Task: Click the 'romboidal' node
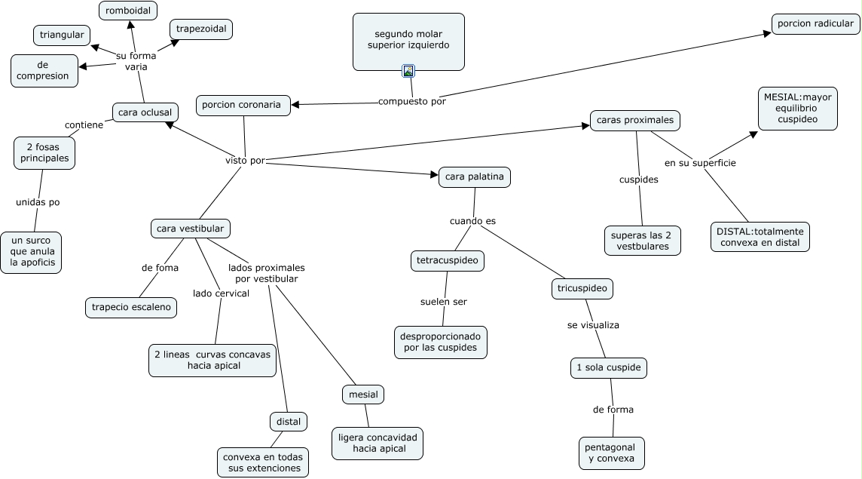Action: [128, 11]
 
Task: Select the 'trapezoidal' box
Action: [201, 29]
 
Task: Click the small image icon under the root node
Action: [408, 71]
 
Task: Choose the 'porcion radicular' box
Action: [815, 23]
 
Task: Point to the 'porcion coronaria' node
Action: [243, 105]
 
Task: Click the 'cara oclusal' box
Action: [145, 112]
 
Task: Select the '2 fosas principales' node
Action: [44, 152]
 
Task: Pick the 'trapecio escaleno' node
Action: [131, 307]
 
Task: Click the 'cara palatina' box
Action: [475, 177]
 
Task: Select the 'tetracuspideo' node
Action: [448, 261]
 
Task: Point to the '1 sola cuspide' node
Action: [609, 368]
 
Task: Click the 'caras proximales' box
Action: [635, 120]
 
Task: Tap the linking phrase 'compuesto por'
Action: [412, 102]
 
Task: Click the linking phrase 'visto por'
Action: [245, 160]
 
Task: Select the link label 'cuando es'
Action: [472, 221]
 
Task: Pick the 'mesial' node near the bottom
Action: [363, 394]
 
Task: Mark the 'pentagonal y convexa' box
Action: [611, 453]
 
